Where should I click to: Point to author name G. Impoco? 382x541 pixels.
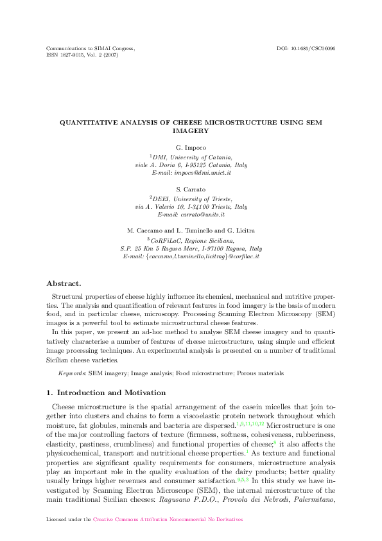[191, 148]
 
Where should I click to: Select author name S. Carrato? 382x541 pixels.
[191, 190]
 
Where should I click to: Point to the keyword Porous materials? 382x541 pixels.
[261, 373]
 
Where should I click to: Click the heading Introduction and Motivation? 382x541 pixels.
[111, 392]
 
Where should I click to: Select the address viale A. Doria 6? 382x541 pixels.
[159, 165]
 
